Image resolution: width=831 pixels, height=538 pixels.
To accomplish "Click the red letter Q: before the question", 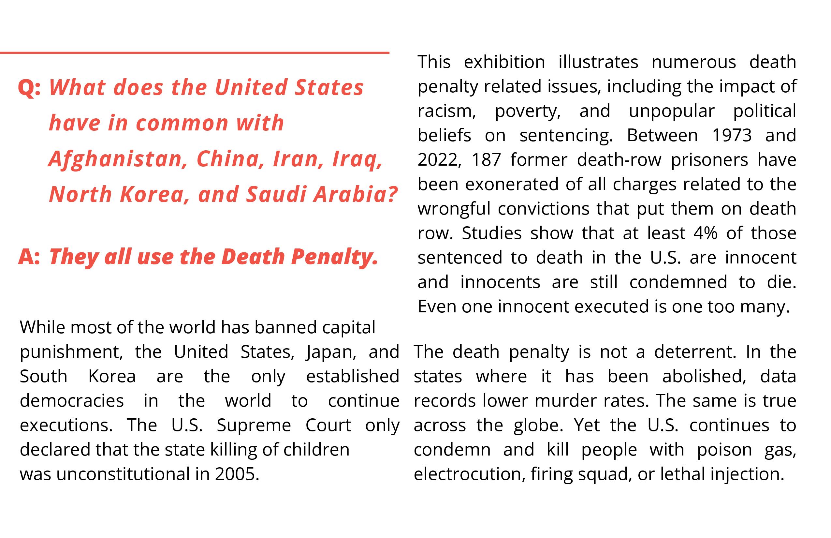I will (29, 88).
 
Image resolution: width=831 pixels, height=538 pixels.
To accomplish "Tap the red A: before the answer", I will (29, 257).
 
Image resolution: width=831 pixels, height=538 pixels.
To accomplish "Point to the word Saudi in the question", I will (275, 195).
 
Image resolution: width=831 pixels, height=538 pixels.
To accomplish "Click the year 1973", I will (732, 135).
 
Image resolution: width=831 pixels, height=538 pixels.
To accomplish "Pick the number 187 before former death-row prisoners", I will (486, 160).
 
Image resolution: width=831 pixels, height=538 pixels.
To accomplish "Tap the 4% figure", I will (705, 233).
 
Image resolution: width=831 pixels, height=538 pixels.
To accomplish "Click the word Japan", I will (331, 352).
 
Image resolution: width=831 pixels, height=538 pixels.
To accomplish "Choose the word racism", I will (446, 111).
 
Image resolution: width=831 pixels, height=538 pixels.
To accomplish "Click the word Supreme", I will (254, 426).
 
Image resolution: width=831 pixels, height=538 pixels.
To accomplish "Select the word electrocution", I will (469, 474).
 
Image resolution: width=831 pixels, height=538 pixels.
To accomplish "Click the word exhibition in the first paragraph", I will (504, 62).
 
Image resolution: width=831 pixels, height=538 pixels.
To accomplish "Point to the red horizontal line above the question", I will (195, 53).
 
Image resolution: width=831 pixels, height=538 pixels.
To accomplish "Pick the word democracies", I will (72, 401).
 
